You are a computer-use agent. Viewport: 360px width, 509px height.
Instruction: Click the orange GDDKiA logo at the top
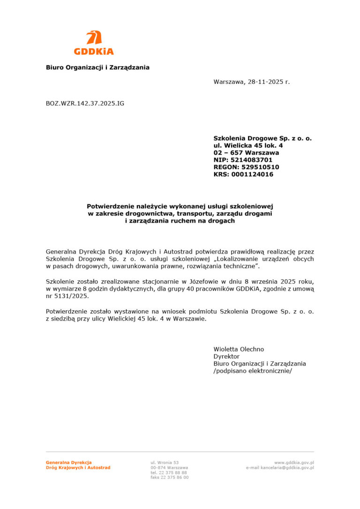94,43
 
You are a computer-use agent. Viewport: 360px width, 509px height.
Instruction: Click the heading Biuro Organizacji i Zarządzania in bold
97,67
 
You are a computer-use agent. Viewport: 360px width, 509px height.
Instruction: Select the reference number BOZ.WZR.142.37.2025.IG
85,103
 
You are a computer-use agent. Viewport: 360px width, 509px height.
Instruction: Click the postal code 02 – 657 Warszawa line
246,153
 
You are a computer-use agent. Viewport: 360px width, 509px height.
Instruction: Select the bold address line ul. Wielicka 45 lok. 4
248,146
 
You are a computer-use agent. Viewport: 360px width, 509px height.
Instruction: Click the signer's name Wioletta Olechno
239,349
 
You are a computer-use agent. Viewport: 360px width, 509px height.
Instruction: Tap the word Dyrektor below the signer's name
226,356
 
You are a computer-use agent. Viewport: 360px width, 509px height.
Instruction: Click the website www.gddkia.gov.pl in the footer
294,463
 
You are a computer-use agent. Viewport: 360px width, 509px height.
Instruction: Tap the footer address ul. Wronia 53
165,463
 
